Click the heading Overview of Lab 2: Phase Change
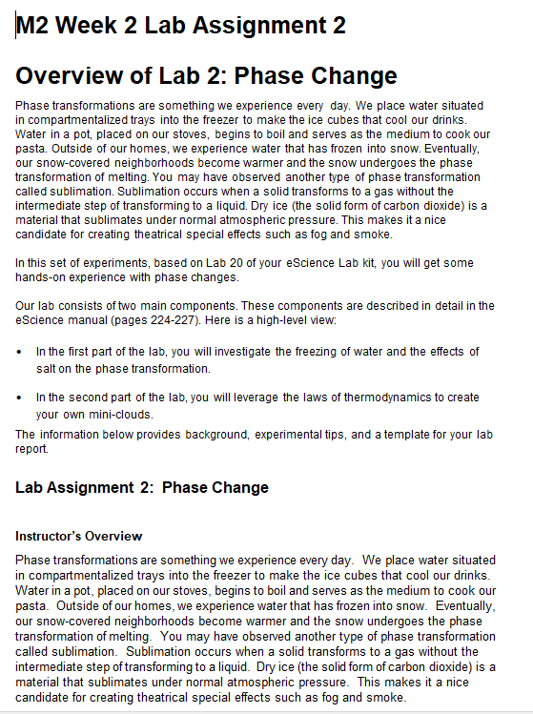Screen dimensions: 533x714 point(206,75)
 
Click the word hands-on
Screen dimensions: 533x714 point(41,276)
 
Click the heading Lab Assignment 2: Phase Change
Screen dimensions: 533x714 point(142,488)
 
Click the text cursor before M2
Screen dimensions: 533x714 point(16,26)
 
